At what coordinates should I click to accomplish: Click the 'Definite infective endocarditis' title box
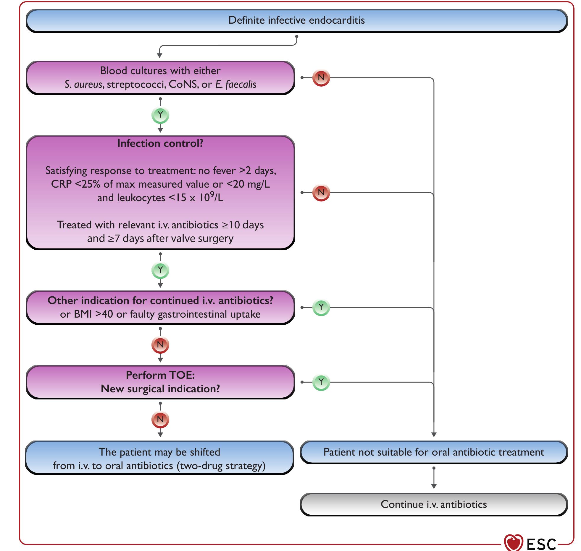[296, 20]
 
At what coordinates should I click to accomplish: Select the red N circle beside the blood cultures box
[321, 78]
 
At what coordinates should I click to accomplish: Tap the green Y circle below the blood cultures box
[160, 115]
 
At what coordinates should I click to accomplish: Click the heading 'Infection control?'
[160, 143]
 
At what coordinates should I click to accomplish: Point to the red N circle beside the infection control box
[321, 193]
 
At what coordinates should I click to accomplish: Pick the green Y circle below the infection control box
[160, 270]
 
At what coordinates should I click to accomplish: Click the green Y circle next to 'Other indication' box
[321, 307]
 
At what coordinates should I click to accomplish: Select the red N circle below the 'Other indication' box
[160, 345]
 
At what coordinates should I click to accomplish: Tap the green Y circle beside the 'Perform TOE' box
[321, 382]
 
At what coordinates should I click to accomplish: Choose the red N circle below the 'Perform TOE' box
[160, 420]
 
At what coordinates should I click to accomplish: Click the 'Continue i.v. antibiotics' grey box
[434, 504]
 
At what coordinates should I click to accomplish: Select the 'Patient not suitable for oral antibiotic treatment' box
[434, 452]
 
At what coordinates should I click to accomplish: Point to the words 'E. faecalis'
[236, 84]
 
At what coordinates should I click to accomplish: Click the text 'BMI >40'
[93, 314]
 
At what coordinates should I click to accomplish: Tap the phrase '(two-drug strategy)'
[221, 466]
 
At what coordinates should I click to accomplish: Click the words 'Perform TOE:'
[160, 375]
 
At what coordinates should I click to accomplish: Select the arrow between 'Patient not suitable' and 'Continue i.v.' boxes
[434, 478]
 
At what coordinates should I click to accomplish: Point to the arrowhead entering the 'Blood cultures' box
[160, 55]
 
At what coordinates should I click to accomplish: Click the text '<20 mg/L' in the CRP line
[248, 184]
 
